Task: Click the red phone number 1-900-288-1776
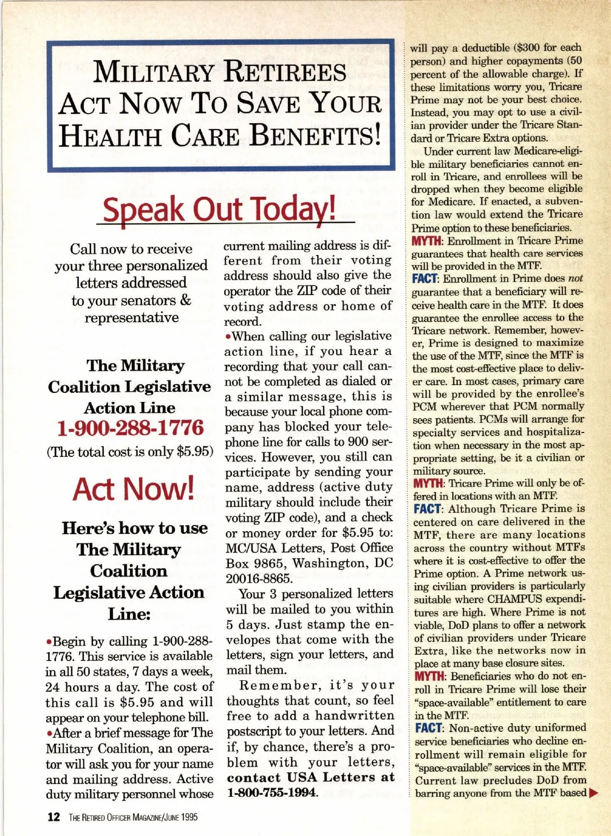[130, 428]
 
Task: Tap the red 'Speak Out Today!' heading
[219, 209]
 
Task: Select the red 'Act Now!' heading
[133, 489]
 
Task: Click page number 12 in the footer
[53, 817]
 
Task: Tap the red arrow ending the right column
[593, 793]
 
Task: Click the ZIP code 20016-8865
[259, 579]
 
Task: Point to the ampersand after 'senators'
[185, 300]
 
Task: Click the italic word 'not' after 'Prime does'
[575, 279]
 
